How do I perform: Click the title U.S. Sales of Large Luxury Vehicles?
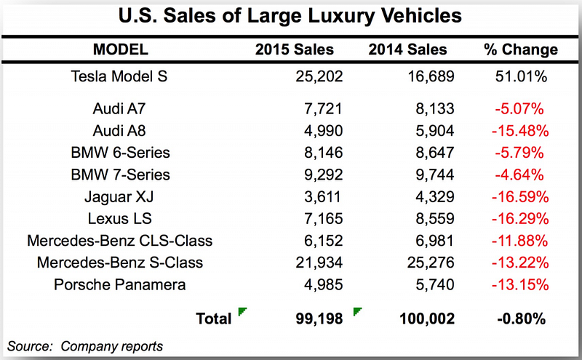coord(290,16)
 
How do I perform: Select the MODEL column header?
coord(121,49)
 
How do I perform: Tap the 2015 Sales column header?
coord(295,49)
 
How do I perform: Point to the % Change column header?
coord(521,49)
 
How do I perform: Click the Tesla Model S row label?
coord(119,76)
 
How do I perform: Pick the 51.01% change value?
coord(521,76)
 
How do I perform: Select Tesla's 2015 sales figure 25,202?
coord(319,76)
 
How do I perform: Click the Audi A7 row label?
coord(119,109)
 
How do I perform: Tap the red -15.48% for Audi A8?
coord(520,131)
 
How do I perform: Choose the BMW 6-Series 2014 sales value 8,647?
coord(434,153)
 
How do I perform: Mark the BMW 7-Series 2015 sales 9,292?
coord(323,175)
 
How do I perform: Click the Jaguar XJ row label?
coord(119,196)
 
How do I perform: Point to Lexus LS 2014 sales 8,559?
coord(434,219)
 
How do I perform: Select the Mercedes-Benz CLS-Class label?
coord(120,241)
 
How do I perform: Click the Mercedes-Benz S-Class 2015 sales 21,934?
coord(319,263)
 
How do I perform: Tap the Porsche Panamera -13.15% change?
coord(520,284)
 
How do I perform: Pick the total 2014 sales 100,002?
coord(427,319)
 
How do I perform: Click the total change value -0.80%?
coord(521,319)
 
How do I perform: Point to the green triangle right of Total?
coord(242,311)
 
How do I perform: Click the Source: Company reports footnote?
coord(85,346)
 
